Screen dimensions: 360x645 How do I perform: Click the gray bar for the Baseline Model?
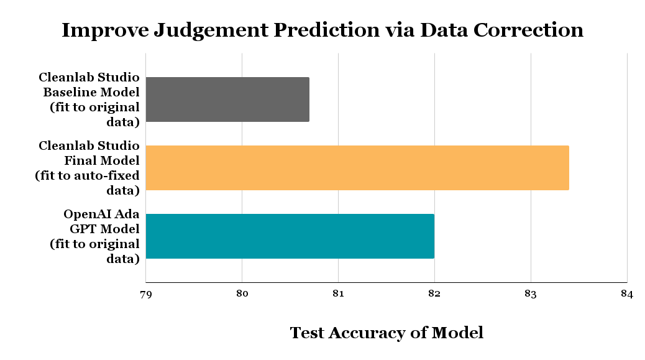pos(227,99)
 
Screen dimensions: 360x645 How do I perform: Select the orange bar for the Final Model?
pos(357,168)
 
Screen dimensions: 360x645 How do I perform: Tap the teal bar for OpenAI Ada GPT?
pos(290,236)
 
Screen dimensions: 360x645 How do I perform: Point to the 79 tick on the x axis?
pos(145,294)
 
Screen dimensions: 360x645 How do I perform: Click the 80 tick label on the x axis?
pos(242,294)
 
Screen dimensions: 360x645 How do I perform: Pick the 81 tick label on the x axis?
pos(338,294)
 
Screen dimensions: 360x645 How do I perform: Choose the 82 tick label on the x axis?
pos(434,294)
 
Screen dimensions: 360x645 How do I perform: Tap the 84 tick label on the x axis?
pos(626,294)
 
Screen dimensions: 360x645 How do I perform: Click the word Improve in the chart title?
pos(101,30)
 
